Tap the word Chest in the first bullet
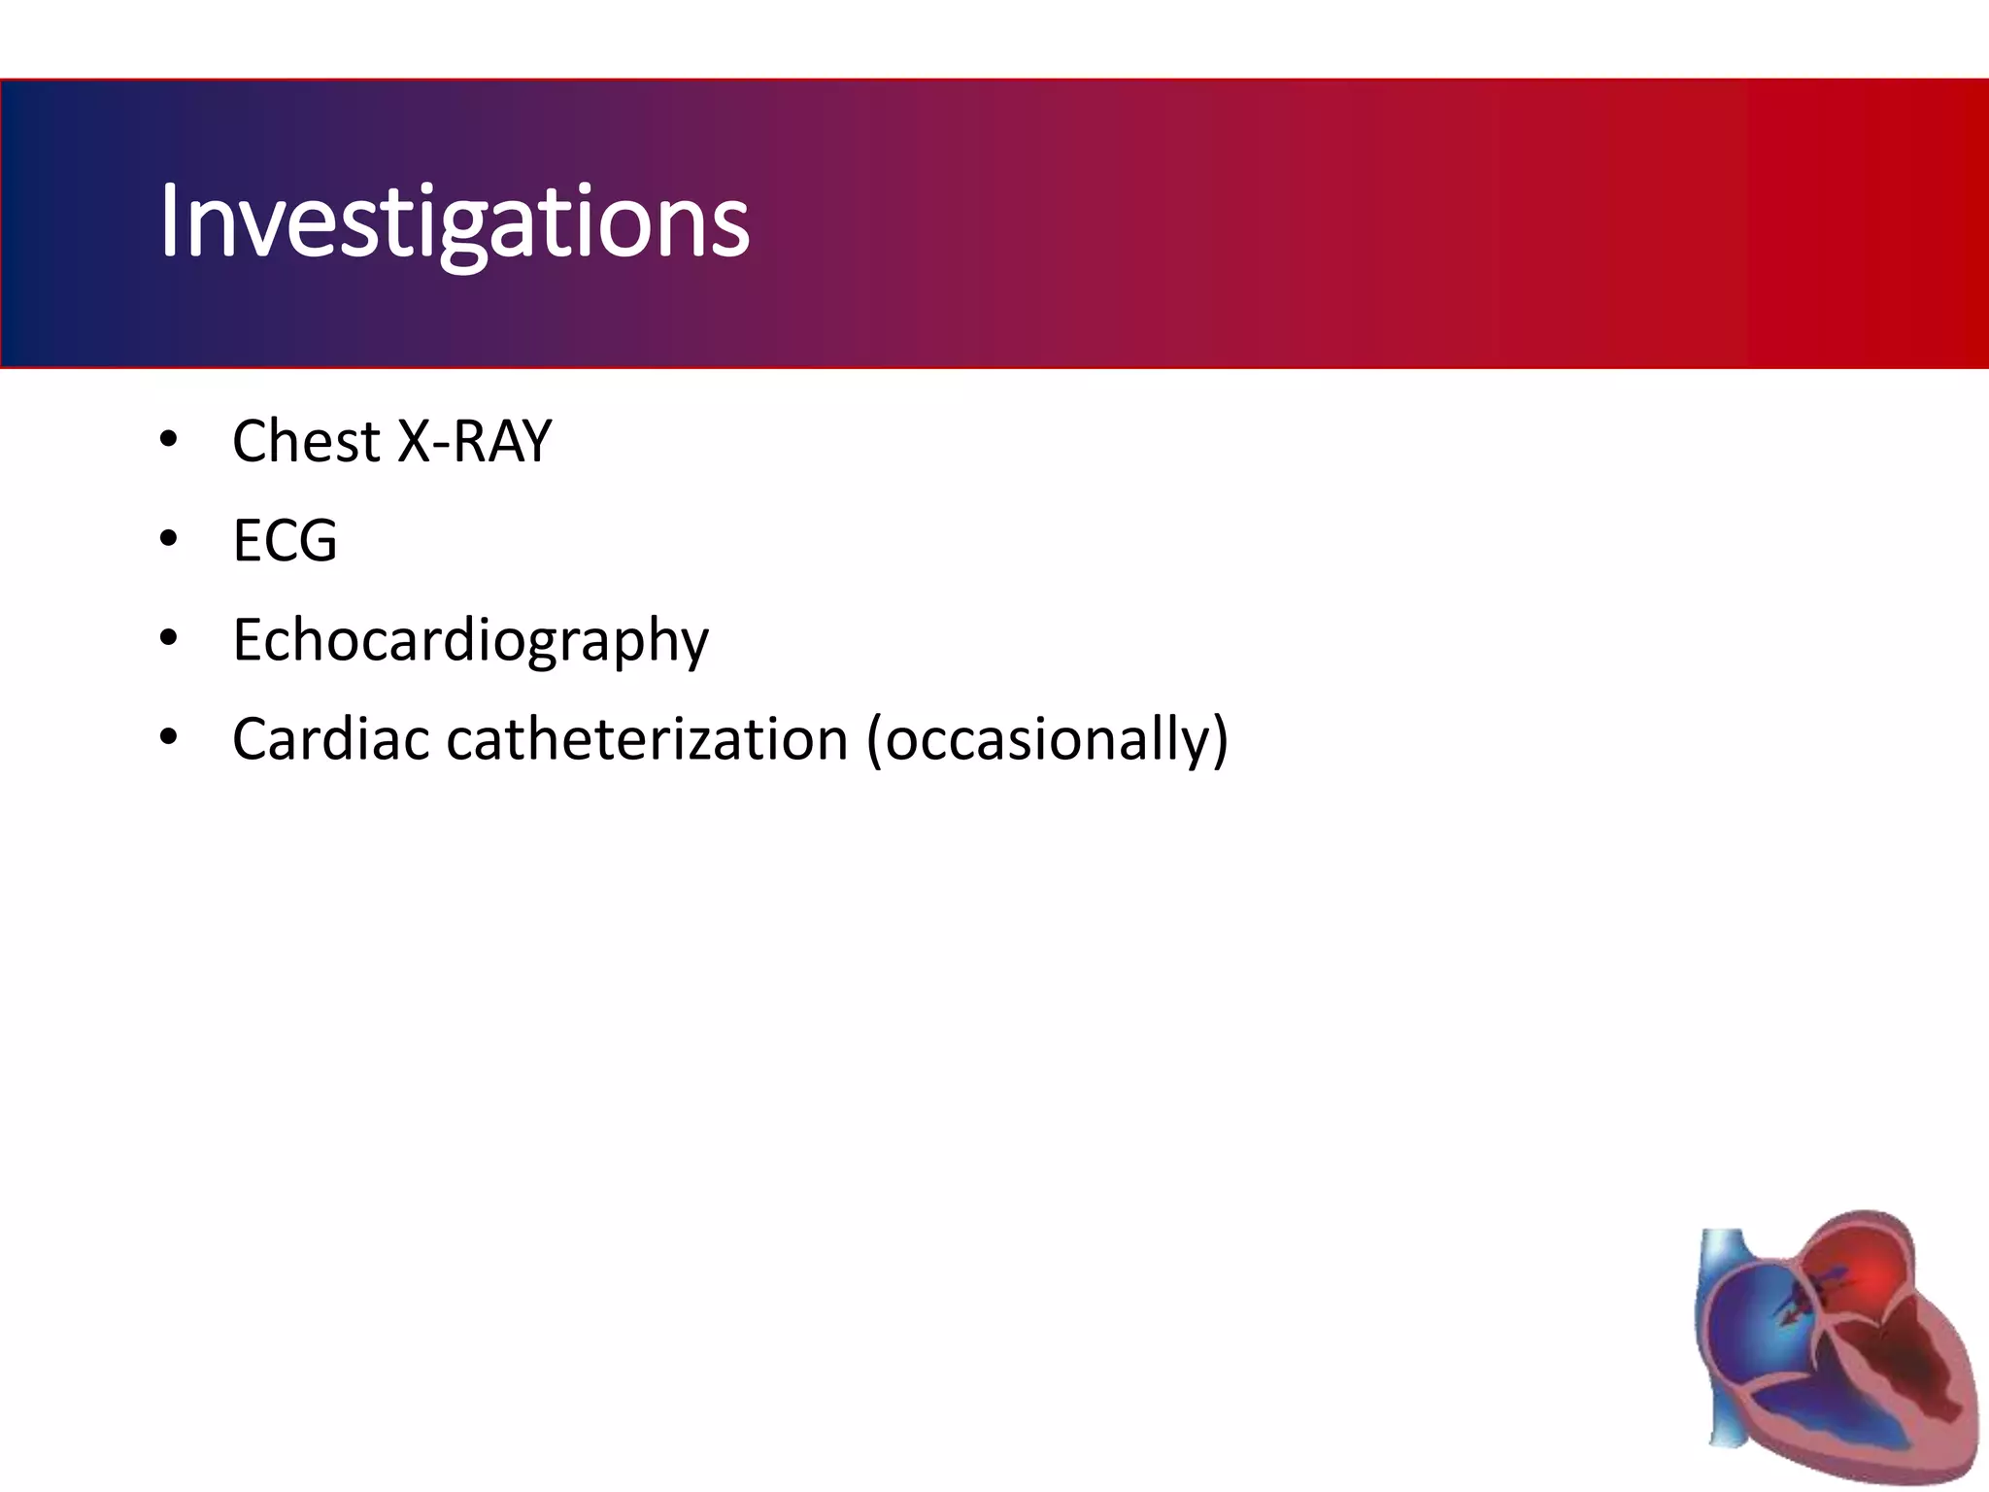tap(305, 441)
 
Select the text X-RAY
tap(474, 441)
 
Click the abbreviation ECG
tap(285, 540)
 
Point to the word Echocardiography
tap(470, 641)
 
